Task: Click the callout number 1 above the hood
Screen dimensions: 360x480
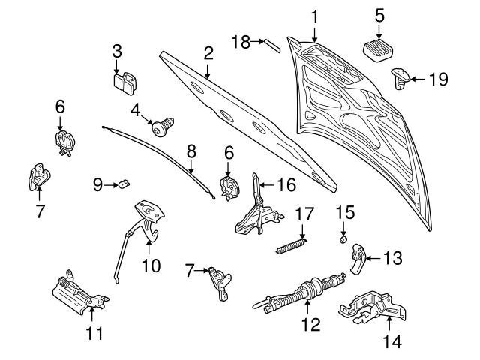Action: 315,16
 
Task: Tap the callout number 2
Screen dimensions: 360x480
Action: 208,52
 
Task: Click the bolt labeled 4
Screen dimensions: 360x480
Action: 162,128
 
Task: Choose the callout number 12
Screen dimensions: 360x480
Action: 310,325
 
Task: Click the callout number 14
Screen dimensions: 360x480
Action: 392,341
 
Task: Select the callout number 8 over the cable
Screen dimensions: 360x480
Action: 191,151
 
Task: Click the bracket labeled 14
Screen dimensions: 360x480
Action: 370,307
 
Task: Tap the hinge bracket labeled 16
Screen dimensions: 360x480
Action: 255,206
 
